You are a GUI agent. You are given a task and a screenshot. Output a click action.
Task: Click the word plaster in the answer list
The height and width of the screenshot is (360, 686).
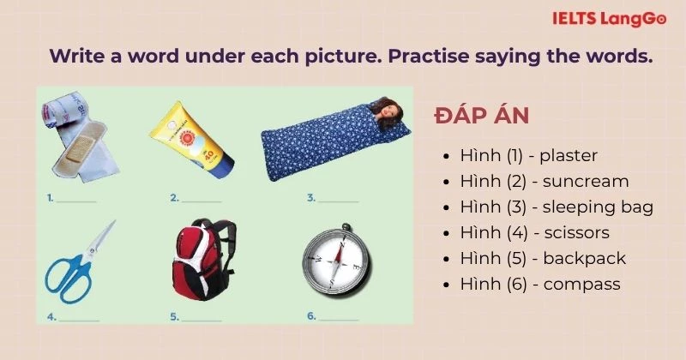pos(569,156)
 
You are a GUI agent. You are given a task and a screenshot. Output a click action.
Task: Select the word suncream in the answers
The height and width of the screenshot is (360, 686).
pos(586,182)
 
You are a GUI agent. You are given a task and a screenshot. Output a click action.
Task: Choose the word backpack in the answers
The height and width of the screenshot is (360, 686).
pos(585,258)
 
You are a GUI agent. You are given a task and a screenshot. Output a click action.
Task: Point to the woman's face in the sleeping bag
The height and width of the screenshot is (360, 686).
pos(391,113)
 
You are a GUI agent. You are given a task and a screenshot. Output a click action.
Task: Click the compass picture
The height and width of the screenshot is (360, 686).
pos(336,261)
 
